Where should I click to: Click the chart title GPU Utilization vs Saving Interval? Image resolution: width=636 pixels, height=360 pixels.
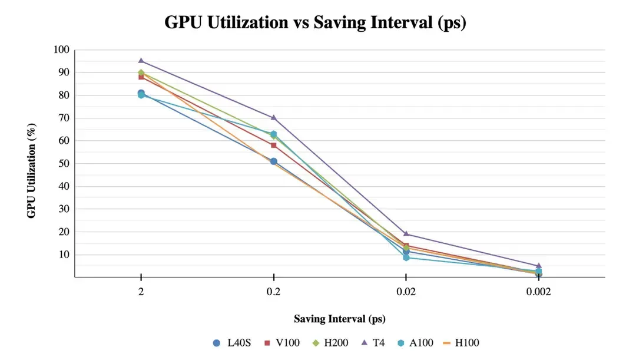[x=315, y=22]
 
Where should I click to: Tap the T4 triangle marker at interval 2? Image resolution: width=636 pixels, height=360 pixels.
[x=141, y=61]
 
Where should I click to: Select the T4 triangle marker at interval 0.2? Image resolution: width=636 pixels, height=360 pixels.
[x=274, y=117]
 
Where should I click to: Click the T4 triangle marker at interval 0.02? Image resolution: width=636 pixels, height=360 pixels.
[x=406, y=234]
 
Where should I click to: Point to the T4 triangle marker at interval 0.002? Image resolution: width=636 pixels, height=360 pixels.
[x=538, y=266]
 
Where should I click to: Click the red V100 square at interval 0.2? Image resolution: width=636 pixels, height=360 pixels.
[x=274, y=145]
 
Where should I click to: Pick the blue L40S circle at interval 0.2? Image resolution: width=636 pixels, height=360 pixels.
[x=274, y=161]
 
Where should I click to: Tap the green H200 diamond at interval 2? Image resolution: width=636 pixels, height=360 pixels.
[x=141, y=72]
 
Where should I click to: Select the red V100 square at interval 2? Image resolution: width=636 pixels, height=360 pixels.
[x=141, y=77]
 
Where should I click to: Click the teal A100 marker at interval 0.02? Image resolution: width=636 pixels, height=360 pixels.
[x=406, y=257]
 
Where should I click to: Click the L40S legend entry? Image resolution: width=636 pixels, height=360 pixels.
[x=233, y=342]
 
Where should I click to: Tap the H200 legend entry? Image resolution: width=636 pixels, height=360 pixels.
[x=326, y=342]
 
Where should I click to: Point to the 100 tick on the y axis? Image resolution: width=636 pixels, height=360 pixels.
[x=62, y=49]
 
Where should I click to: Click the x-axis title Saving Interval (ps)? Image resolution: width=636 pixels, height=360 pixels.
[x=340, y=319]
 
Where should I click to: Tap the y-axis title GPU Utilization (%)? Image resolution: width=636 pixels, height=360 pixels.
[x=32, y=171]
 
